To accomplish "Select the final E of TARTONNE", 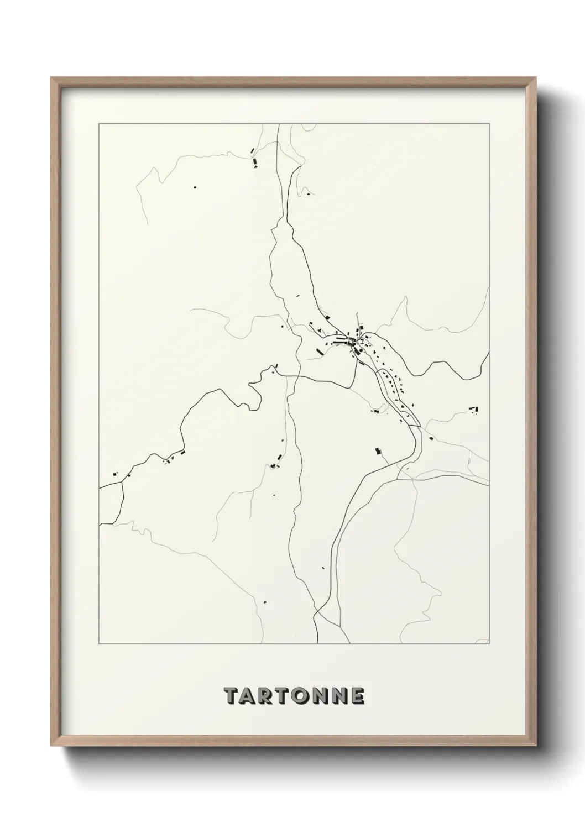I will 356,696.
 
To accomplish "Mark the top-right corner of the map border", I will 489,124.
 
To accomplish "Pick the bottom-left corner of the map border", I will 98,644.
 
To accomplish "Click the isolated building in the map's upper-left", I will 195,187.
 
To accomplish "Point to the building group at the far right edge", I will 474,409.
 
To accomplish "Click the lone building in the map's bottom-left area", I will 265,601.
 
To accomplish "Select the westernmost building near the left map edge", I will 115,473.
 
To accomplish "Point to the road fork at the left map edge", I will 122,482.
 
